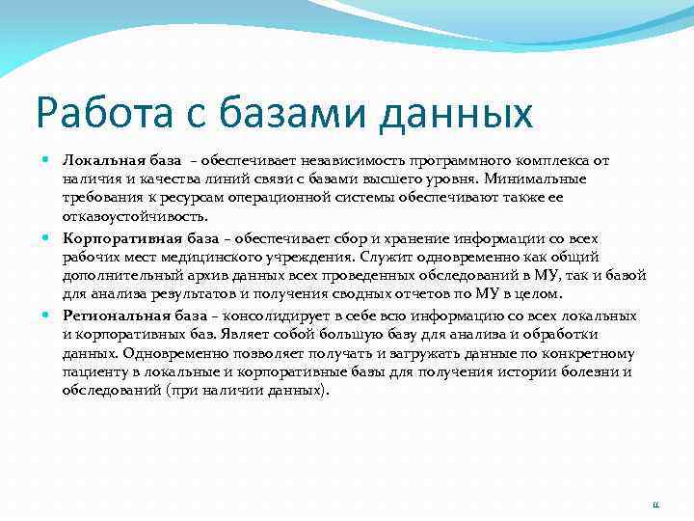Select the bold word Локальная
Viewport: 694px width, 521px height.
tap(100, 159)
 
